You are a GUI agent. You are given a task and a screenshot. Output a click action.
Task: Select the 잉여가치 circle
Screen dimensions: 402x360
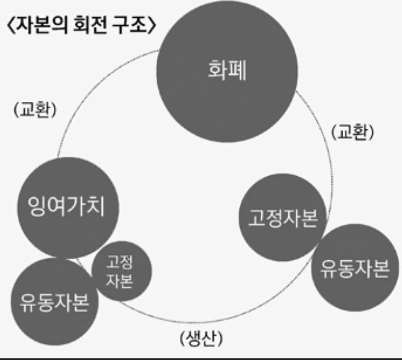point(66,208)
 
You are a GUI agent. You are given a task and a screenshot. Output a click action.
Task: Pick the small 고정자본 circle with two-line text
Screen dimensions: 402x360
point(120,271)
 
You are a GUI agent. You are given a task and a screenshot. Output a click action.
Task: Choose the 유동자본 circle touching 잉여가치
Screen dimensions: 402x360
point(54,301)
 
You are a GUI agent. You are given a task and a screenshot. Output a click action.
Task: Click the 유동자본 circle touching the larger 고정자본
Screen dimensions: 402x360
point(355,268)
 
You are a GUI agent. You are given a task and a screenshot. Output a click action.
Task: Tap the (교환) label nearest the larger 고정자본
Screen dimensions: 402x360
point(353,132)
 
